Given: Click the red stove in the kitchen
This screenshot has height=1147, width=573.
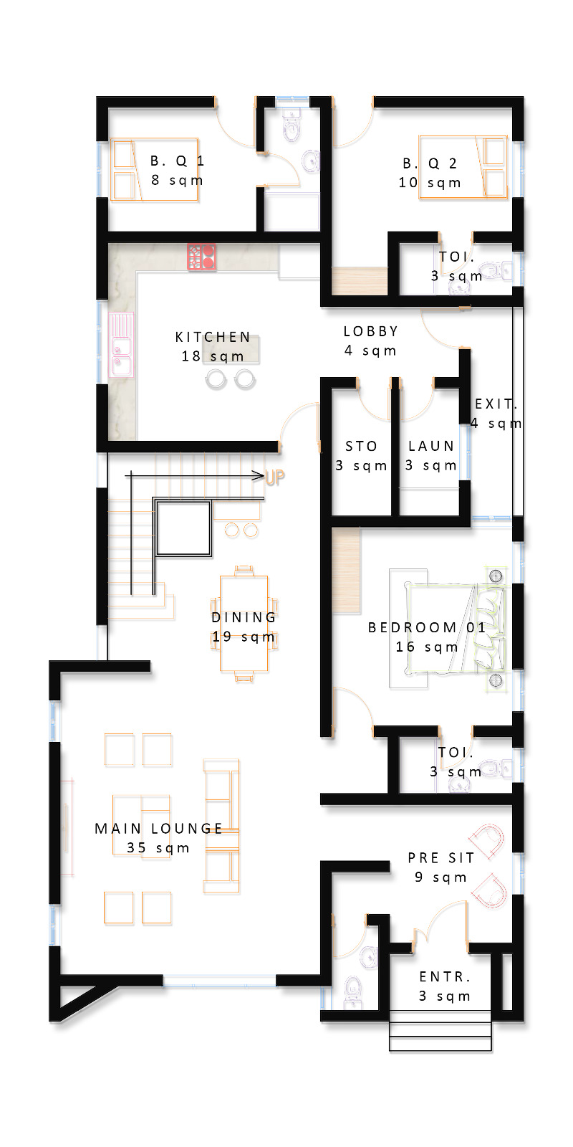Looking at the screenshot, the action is tap(201, 257).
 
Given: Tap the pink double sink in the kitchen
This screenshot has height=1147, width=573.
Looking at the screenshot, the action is tap(121, 345).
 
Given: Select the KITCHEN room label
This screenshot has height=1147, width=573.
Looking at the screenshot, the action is tap(213, 337).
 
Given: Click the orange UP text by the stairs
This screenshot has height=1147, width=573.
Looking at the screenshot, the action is tap(275, 477).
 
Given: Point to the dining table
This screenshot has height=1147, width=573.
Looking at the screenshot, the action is tap(244, 623).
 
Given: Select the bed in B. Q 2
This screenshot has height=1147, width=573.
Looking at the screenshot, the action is tap(463, 167).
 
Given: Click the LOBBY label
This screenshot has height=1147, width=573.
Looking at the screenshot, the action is tap(371, 331).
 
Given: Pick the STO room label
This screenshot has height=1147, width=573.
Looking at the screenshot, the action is tap(361, 446).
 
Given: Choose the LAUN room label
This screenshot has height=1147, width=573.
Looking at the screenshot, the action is tap(431, 446).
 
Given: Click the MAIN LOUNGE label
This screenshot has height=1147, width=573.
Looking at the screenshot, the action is tap(158, 829).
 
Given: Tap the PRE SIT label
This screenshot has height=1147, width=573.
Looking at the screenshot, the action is tap(441, 857).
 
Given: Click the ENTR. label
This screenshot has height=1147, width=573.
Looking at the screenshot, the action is tap(445, 976).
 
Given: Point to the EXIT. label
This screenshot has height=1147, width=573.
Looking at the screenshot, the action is tap(496, 404).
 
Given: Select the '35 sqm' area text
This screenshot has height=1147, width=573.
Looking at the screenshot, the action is tap(158, 848).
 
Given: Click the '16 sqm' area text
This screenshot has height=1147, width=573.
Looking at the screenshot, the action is tap(427, 647).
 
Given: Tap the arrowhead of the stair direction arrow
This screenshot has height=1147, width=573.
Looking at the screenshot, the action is tap(259, 476).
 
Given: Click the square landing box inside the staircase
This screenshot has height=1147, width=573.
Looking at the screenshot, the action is tap(183, 528).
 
